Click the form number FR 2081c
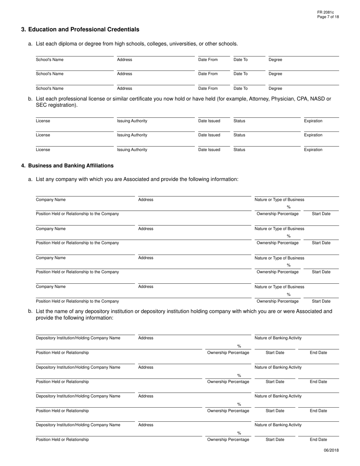[x=326, y=13]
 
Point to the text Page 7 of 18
[x=328, y=17]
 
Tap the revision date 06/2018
[x=331, y=450]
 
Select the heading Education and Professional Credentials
[x=84, y=30]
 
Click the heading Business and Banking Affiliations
[x=71, y=166]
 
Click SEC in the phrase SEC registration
[x=41, y=105]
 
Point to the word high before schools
[x=121, y=44]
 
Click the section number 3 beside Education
[x=23, y=30]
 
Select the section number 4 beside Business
[x=23, y=166]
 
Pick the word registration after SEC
[x=62, y=105]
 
